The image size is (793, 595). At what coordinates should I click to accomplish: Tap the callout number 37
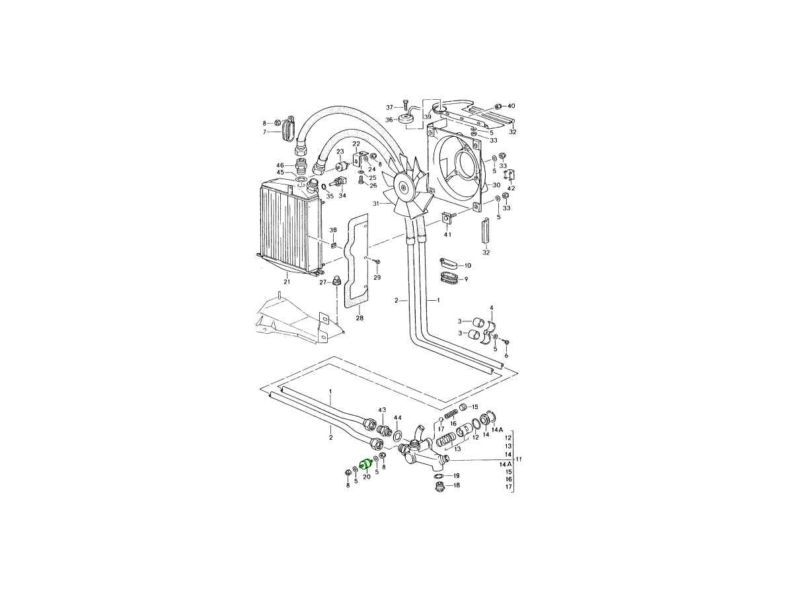tap(389, 107)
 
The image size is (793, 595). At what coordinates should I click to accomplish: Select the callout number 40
tap(511, 106)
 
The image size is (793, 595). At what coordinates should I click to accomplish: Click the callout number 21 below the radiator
tap(287, 282)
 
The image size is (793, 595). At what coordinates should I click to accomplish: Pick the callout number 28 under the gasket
tap(359, 318)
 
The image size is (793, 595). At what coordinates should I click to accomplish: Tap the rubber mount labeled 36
tap(406, 120)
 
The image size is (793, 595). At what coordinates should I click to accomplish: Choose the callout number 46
tap(280, 165)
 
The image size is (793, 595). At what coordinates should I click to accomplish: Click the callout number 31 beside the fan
tap(376, 204)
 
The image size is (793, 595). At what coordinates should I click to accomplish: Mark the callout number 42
tap(511, 188)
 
